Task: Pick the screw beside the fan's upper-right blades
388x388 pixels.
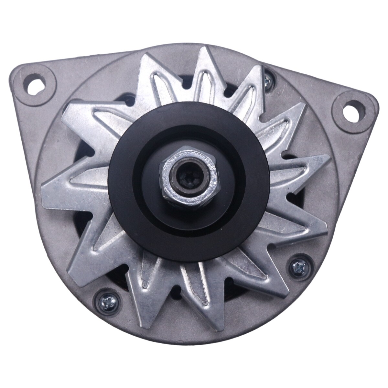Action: pos(268,78)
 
